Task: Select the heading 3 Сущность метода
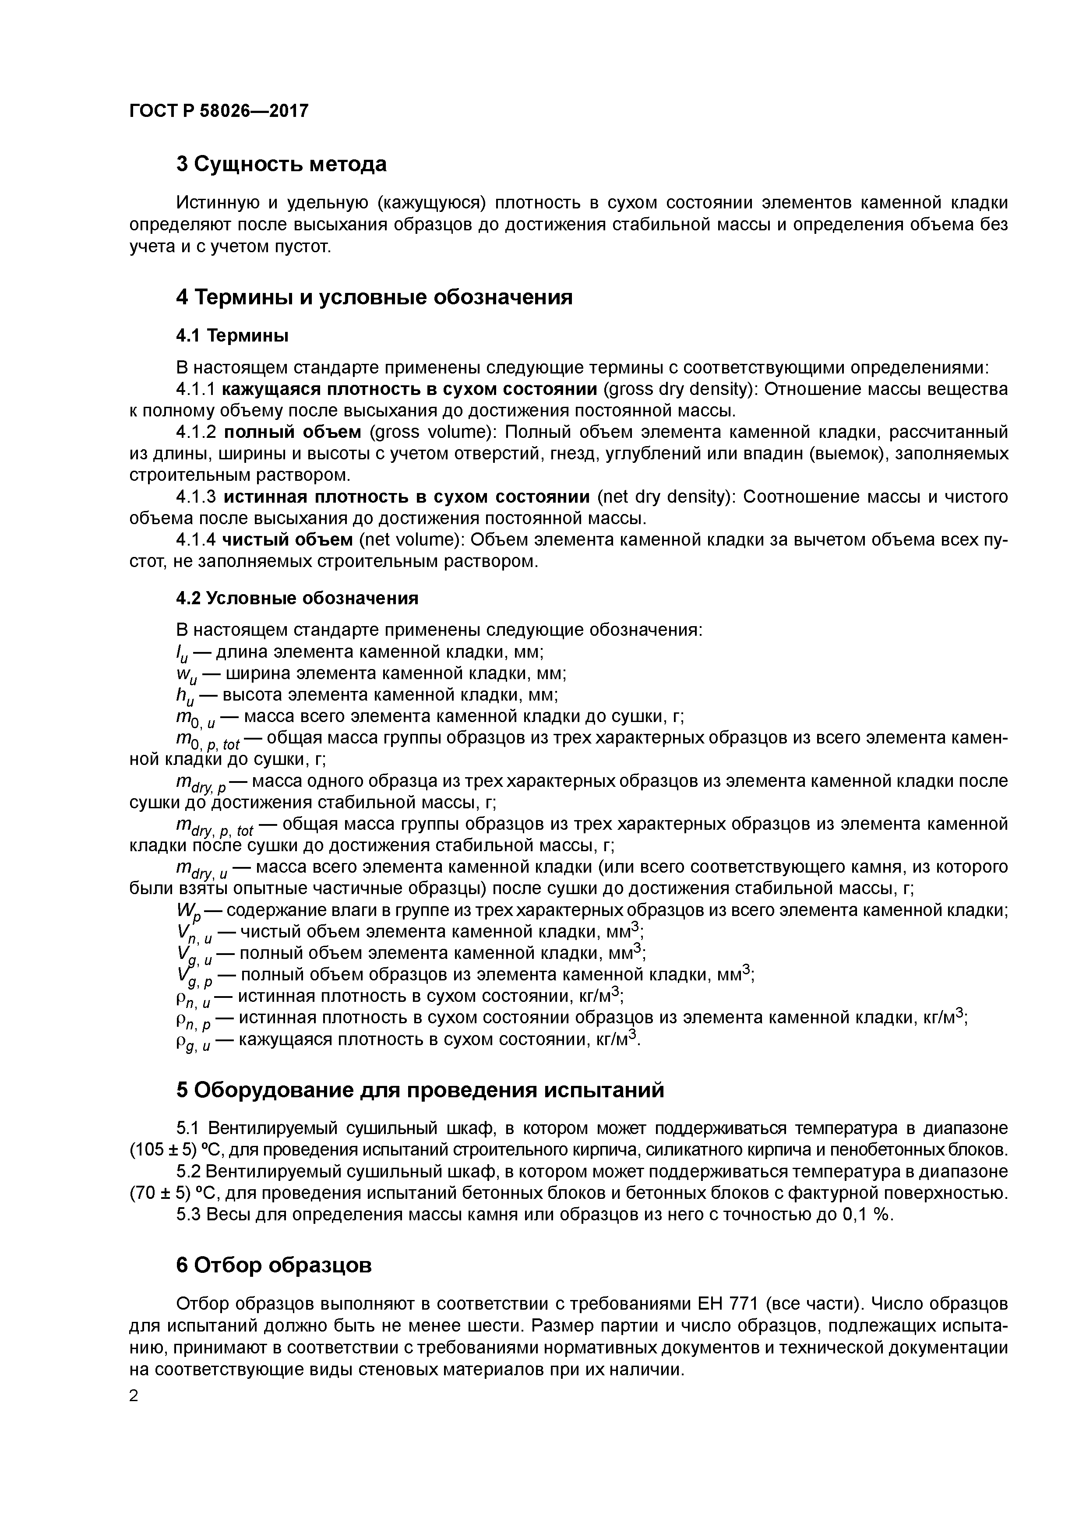pos(281,164)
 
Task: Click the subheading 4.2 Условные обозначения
pos(297,598)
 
